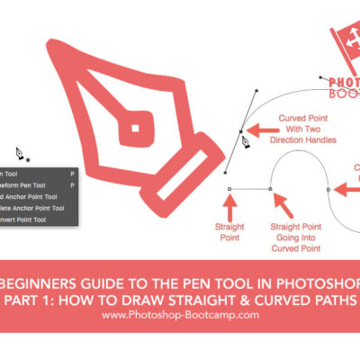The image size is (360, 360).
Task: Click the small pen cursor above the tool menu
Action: [20, 153]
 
